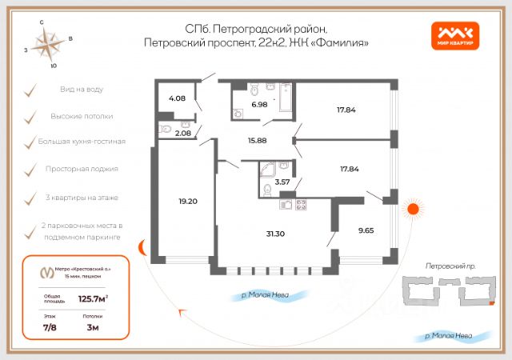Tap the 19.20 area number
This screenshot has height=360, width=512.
coord(188,202)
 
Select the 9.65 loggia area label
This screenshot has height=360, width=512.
coord(366,230)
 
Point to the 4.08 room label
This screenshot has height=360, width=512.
coord(176,99)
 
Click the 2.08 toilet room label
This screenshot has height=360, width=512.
coord(182,134)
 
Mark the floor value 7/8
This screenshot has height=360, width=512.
coord(50,327)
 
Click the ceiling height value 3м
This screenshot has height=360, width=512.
coord(92,327)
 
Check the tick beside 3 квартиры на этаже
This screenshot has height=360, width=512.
coord(30,197)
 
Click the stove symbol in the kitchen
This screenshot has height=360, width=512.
coord(301,204)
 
